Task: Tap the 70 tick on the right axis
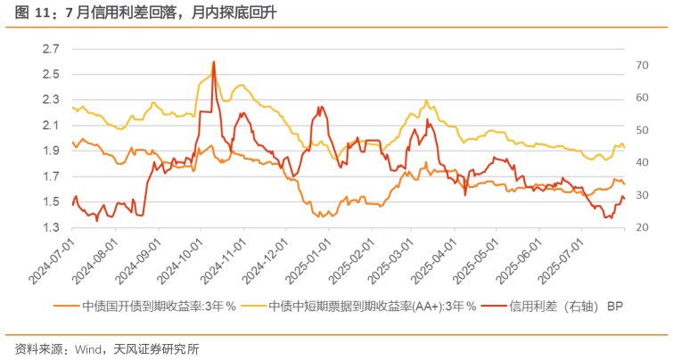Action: point(639,65)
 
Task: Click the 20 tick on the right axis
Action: point(639,228)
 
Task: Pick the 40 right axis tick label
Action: point(639,163)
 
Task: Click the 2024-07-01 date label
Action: point(52,259)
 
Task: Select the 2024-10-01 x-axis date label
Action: point(178,259)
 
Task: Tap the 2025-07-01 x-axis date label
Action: point(558,259)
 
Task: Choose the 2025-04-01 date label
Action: point(431,259)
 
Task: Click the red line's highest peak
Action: point(214,62)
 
